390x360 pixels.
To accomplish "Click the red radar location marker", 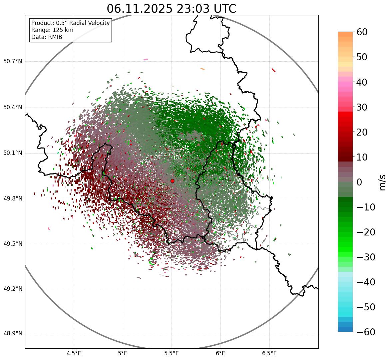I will point(172,181).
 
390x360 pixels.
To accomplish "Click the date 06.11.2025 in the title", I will point(140,9).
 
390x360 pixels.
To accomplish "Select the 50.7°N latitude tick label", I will point(13,61).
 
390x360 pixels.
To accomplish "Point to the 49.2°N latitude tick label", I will point(13,289).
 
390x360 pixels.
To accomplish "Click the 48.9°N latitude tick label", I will point(13,334).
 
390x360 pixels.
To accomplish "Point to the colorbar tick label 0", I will point(359,182).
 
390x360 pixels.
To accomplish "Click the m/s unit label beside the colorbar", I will point(383,182).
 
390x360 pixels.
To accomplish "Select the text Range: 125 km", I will point(52,30).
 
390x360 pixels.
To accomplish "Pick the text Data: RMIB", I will point(47,37).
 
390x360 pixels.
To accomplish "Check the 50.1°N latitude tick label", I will point(13,153).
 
